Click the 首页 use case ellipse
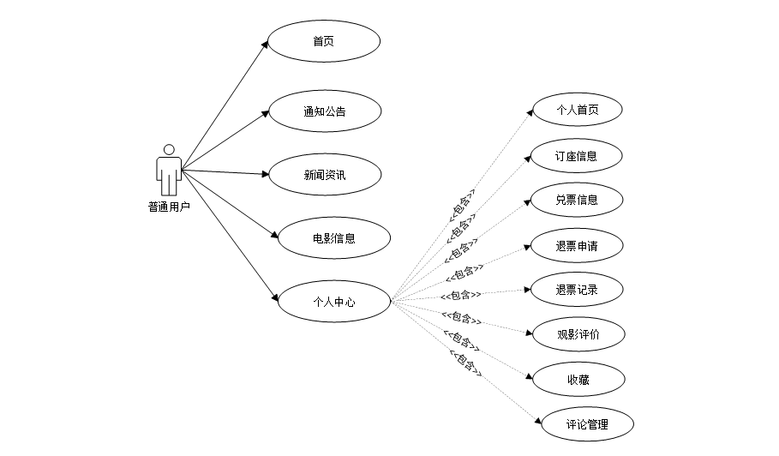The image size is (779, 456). pyautogui.click(x=323, y=41)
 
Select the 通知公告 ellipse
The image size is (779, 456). pyautogui.click(x=325, y=111)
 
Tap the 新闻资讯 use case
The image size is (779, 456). pyautogui.click(x=325, y=175)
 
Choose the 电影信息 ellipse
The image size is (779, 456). pyautogui.click(x=334, y=238)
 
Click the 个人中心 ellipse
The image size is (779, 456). pyautogui.click(x=334, y=301)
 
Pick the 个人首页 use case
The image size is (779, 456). pyautogui.click(x=577, y=110)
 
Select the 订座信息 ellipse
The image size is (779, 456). pyautogui.click(x=576, y=156)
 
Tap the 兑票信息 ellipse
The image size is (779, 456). pyautogui.click(x=577, y=200)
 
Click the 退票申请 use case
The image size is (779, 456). pyautogui.click(x=577, y=246)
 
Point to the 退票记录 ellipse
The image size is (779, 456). pyautogui.click(x=577, y=290)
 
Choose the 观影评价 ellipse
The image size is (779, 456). pyautogui.click(x=578, y=334)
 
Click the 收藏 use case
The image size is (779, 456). pyautogui.click(x=578, y=379)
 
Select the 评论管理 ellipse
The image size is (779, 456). pyautogui.click(x=587, y=423)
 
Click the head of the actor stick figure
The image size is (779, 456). pyautogui.click(x=169, y=150)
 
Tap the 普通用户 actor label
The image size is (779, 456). pyautogui.click(x=169, y=206)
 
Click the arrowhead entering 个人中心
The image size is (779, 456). pyautogui.click(x=275, y=297)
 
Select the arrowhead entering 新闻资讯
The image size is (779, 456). pyautogui.click(x=265, y=174)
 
